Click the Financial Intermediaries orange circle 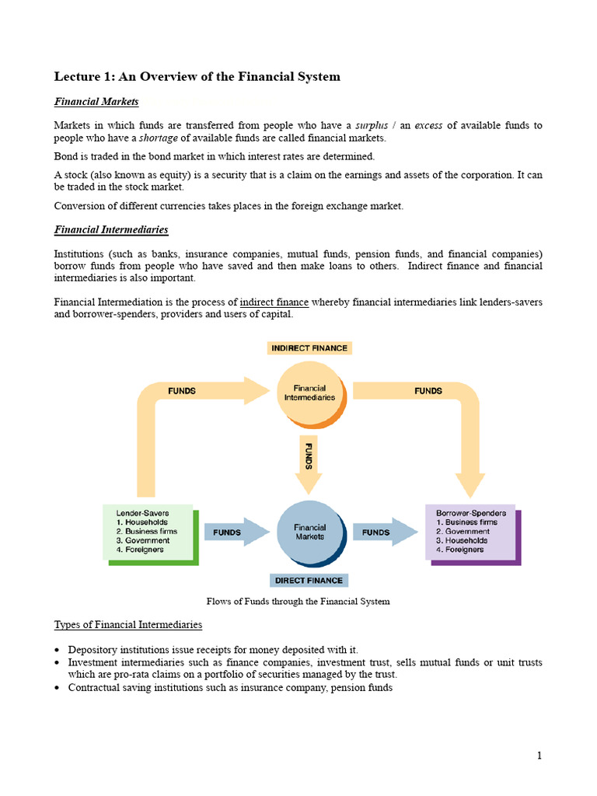pos(309,393)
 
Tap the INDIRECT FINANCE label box pos(309,348)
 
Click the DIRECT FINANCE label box pos(309,580)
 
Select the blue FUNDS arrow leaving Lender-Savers pos(231,532)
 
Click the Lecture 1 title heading pos(197,76)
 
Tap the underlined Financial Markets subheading pos(96,102)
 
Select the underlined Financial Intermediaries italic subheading pos(110,230)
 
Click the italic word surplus pos(371,125)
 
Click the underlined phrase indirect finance pos(274,302)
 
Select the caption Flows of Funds pos(298,601)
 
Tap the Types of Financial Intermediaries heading pos(127,625)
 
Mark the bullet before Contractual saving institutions pos(58,688)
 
